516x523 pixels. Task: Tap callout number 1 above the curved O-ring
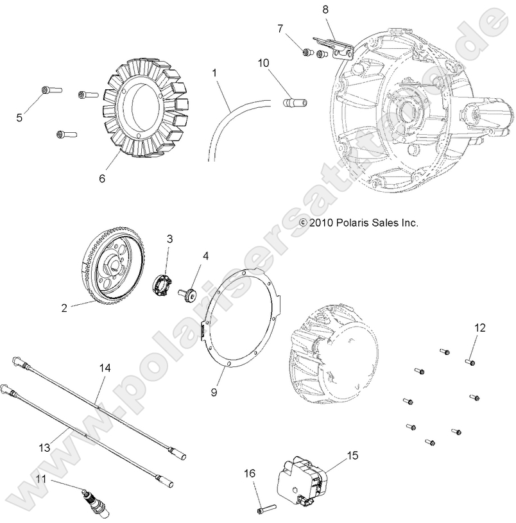tap(214, 74)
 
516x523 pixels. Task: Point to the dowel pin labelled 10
tap(293, 102)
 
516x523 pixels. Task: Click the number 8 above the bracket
tap(325, 10)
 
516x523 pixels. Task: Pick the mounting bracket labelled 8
tap(338, 48)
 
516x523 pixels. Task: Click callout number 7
tap(280, 28)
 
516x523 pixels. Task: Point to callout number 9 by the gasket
tap(214, 391)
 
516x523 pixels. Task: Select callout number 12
tap(480, 327)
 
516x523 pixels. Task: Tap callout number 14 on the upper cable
tap(105, 368)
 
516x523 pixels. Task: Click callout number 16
tap(250, 474)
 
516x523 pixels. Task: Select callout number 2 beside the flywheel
tap(64, 307)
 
